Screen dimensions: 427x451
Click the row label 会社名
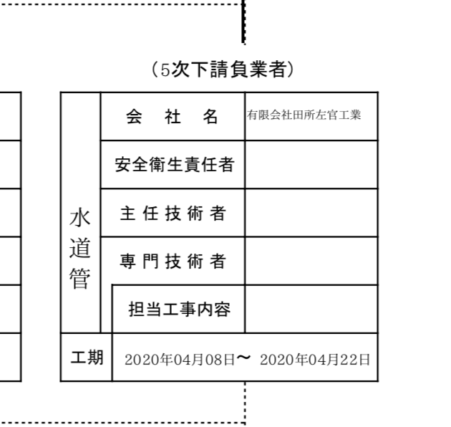(173, 117)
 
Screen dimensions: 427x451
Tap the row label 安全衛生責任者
(173, 165)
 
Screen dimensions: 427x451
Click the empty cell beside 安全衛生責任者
(311, 165)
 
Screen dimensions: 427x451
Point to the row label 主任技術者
(173, 213)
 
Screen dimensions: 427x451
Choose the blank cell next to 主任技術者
(311, 213)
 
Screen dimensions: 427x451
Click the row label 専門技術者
(173, 261)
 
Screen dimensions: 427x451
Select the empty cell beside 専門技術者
(311, 261)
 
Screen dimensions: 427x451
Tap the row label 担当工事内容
(179, 309)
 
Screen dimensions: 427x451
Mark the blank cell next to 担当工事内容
(311, 309)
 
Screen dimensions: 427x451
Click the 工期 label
(86, 357)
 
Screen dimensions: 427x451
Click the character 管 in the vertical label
(79, 277)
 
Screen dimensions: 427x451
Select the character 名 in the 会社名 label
(210, 117)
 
